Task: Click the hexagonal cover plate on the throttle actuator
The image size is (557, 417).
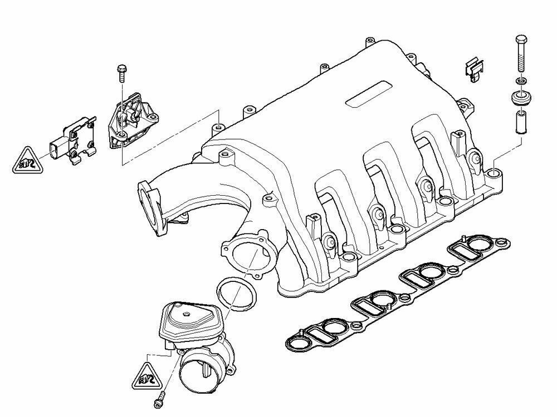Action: pos(184,320)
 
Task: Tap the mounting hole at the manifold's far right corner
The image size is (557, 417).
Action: pos(493,177)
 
